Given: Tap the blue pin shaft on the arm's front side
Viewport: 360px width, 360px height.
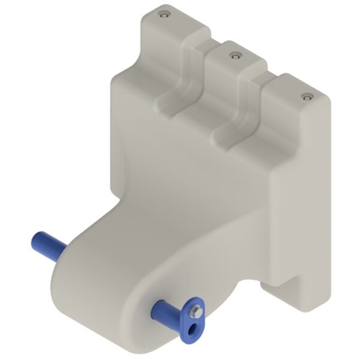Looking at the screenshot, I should pos(167,312).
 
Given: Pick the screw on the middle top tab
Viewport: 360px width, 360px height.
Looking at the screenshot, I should pos(233,54).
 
